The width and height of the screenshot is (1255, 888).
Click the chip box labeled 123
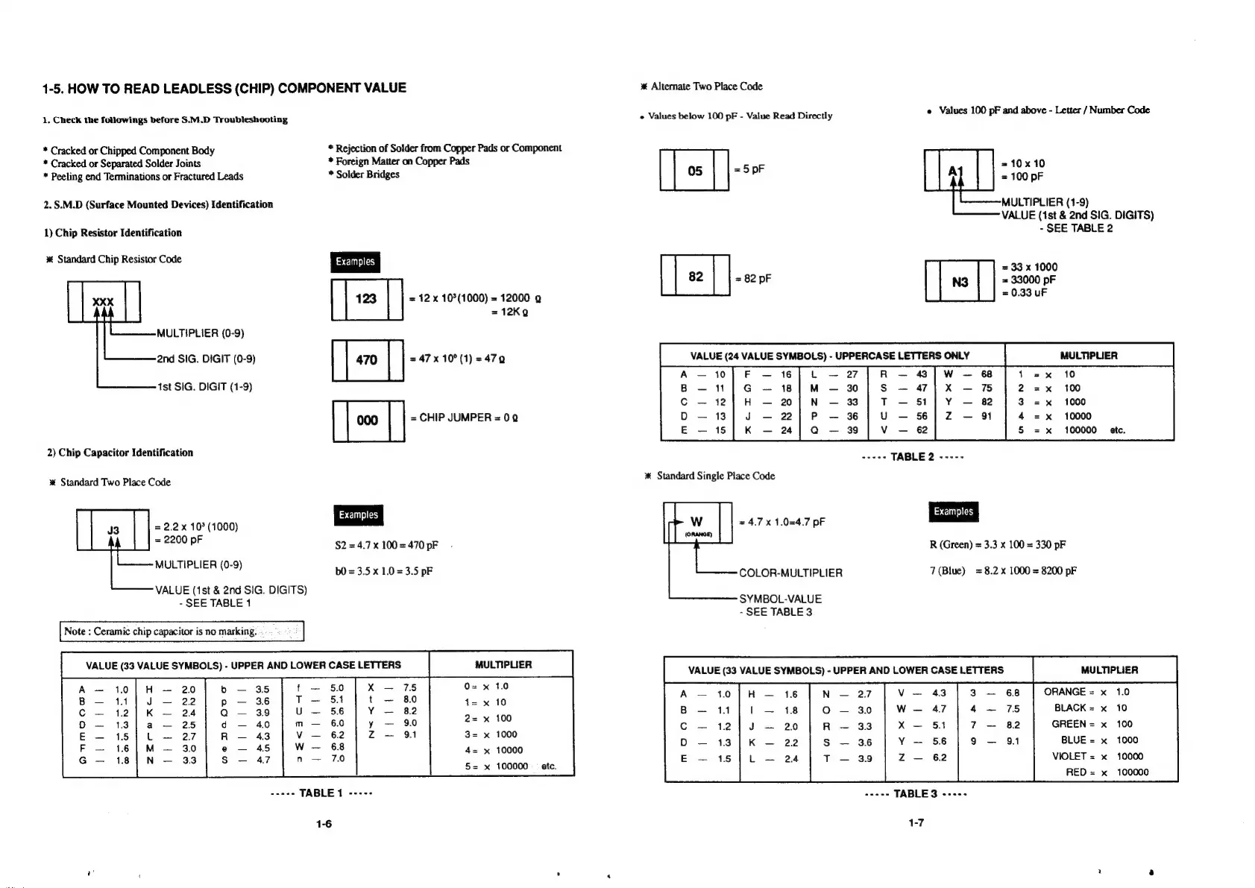366,299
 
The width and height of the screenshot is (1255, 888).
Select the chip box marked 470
366,360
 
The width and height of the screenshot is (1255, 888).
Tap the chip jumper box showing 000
367,421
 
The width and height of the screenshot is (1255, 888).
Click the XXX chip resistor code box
103,302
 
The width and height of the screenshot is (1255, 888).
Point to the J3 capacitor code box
113,530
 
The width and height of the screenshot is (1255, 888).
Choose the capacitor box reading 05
694,171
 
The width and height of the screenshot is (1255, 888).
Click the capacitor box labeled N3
960,282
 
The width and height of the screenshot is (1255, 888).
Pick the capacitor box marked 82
695,277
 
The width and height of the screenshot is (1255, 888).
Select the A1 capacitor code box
958,171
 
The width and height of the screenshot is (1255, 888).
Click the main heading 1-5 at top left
224,88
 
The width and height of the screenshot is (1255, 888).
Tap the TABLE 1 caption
321,793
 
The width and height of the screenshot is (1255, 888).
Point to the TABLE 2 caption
912,457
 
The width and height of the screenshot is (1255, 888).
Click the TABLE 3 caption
915,794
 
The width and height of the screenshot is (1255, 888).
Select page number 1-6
323,823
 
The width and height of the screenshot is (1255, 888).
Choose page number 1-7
916,822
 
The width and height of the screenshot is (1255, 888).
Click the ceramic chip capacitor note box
182,632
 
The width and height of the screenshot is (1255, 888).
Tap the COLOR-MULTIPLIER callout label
790,573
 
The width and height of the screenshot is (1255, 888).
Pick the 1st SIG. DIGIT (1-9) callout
204,387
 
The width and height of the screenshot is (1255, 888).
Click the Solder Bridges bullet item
367,174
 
